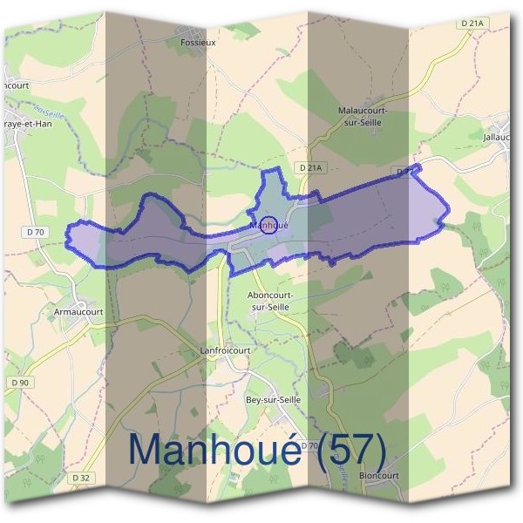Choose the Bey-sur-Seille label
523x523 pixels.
point(273,399)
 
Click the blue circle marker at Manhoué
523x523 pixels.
point(269,224)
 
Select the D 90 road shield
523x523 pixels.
point(20,382)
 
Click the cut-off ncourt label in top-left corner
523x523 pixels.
point(15,85)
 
